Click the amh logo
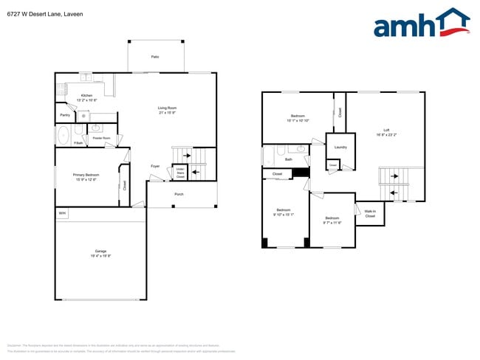(421, 24)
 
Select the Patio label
(155, 56)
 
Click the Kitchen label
(86, 96)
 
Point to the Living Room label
(167, 108)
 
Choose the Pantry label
(65, 115)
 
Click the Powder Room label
(101, 138)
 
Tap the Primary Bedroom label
(86, 175)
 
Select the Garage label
(100, 252)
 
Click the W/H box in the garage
(62, 213)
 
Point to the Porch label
(179, 194)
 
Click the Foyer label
(155, 166)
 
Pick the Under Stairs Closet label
(179, 173)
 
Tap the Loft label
(386, 130)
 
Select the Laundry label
(340, 148)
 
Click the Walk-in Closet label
(370, 214)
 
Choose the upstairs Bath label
(289, 159)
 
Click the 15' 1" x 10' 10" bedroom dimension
(298, 120)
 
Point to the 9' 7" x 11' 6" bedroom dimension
(332, 222)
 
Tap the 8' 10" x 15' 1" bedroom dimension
(284, 215)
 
